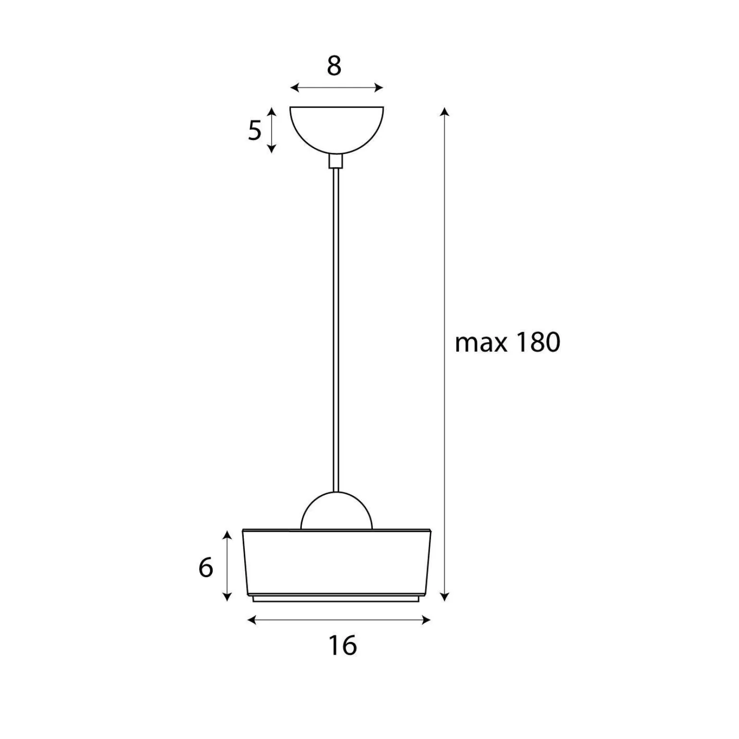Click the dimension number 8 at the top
click(x=334, y=66)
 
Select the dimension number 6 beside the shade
click(x=205, y=568)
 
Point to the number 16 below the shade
click(x=343, y=645)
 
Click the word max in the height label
click(x=480, y=344)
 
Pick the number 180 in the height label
click(x=538, y=343)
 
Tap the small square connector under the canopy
click(x=336, y=161)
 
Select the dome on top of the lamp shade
click(x=336, y=511)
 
